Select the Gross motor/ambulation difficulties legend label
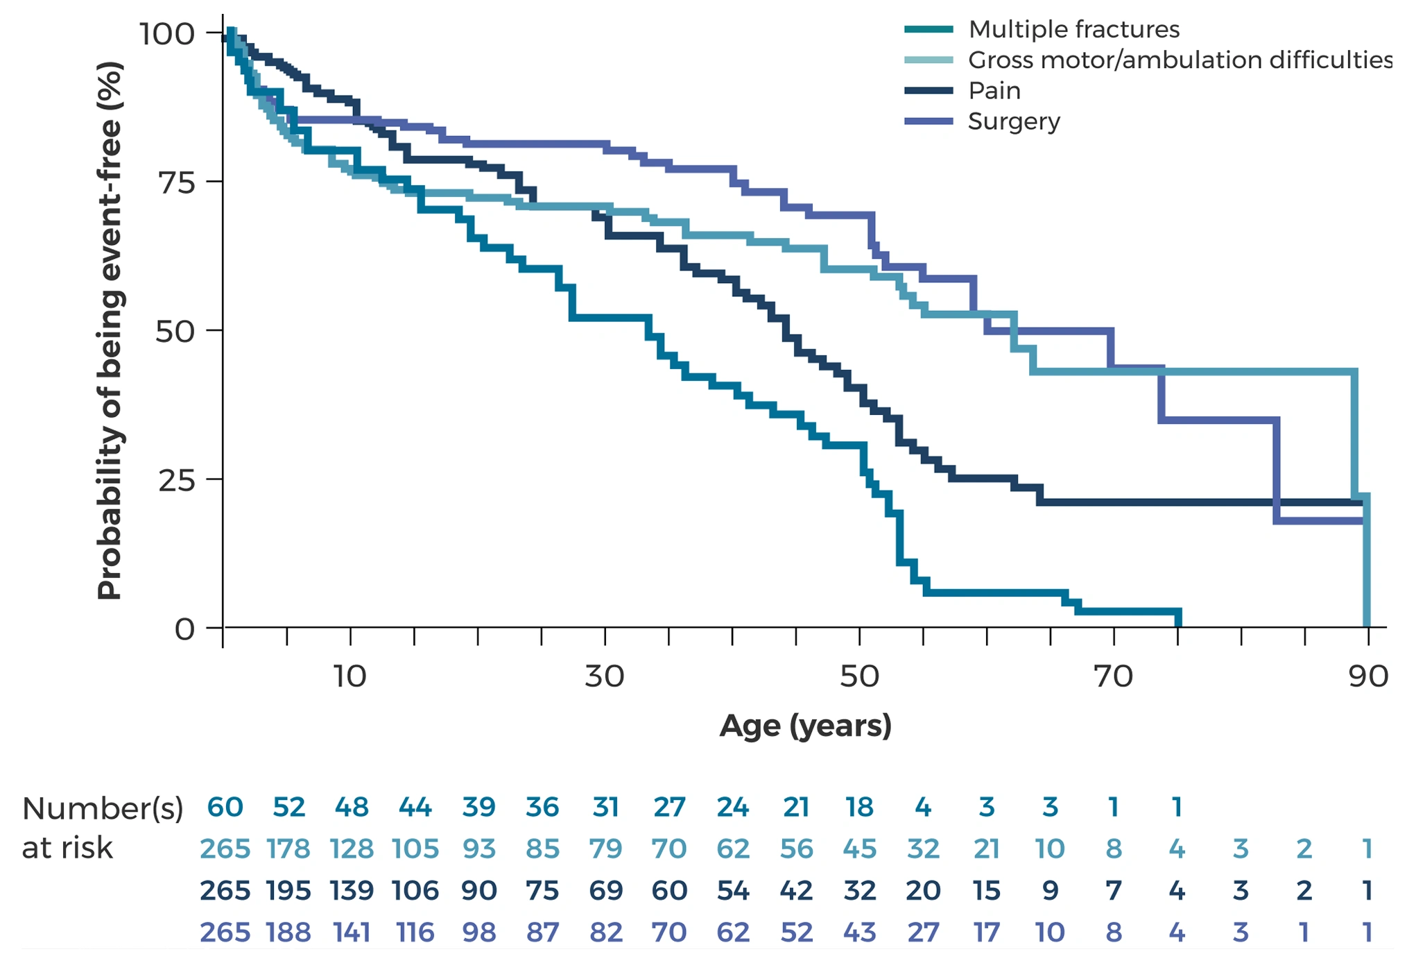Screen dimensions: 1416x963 [1148, 60]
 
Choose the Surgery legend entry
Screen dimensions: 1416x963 [983, 121]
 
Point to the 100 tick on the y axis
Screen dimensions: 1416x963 [167, 33]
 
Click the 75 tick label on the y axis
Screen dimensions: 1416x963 [177, 182]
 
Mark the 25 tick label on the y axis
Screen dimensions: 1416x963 [177, 479]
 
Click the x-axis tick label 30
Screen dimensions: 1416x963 [605, 676]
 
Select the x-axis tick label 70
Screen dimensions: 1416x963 [1114, 676]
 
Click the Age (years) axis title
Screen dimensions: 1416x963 [806, 726]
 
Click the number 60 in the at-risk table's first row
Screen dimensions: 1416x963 [225, 807]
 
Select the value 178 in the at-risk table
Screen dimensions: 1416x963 [288, 849]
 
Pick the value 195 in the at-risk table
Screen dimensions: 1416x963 [288, 890]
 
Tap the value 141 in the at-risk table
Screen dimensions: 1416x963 [352, 932]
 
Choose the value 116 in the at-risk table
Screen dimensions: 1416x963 [415, 932]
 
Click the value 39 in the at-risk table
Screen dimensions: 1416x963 [479, 807]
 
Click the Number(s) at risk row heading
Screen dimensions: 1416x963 [103, 828]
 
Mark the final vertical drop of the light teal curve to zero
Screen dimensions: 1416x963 [1367, 561]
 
